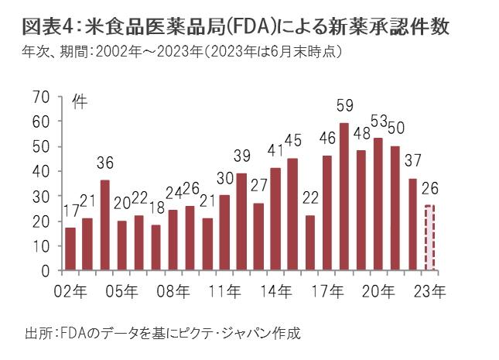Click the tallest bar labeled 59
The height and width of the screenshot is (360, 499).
(x=344, y=197)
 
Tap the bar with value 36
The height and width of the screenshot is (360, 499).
(x=105, y=225)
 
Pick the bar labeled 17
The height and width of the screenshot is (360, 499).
(x=70, y=249)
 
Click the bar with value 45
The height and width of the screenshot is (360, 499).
(x=292, y=214)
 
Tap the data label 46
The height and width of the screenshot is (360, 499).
(x=327, y=139)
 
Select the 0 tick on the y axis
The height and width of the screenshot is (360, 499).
(x=46, y=271)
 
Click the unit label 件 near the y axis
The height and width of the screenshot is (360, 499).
(x=79, y=101)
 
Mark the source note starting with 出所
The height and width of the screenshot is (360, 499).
(x=162, y=333)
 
